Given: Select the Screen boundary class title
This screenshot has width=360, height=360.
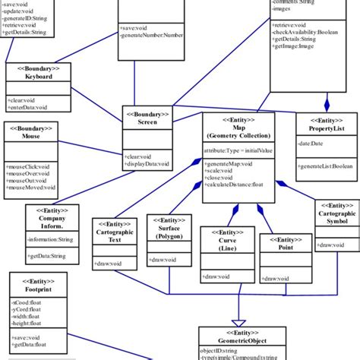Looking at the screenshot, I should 148,123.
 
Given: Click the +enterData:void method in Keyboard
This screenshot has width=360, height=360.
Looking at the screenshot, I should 27,108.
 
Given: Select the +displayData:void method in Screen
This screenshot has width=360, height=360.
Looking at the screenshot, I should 147,163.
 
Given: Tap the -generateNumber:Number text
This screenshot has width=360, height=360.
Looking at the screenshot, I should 157,35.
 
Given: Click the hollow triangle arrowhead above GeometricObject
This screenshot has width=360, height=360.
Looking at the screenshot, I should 241,321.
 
